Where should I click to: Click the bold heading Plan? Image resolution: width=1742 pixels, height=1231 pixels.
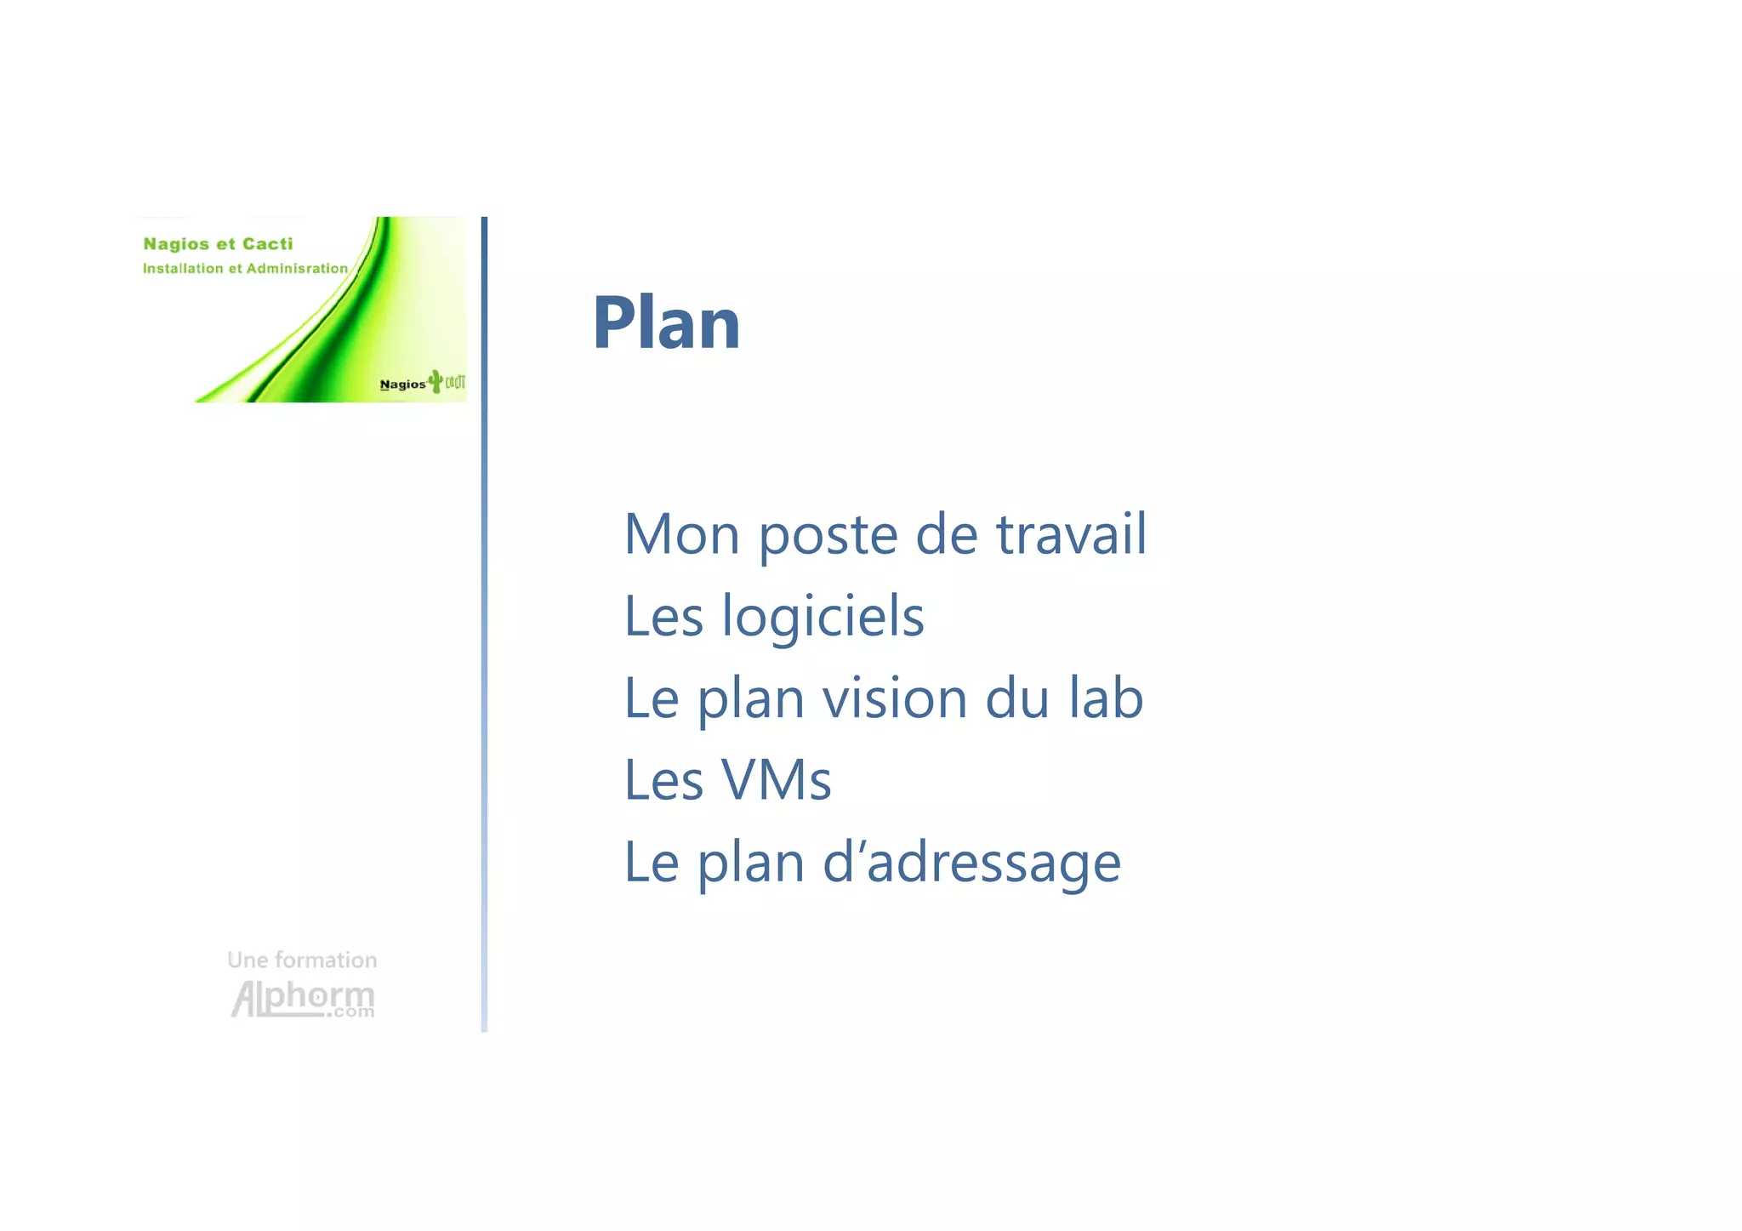(666, 323)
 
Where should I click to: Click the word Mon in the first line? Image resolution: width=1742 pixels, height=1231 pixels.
(681, 535)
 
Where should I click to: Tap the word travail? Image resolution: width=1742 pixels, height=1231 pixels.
(1071, 535)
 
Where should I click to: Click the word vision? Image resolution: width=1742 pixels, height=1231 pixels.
(894, 699)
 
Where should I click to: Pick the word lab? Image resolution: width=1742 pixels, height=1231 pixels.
(1105, 698)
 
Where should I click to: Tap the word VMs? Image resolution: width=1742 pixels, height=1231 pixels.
(775, 780)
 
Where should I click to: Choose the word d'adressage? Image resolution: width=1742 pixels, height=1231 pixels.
(971, 863)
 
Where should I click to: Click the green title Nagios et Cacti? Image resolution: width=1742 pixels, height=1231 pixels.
(218, 244)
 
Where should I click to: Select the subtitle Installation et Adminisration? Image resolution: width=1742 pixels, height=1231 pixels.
(245, 269)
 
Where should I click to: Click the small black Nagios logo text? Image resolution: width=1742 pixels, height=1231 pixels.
(402, 385)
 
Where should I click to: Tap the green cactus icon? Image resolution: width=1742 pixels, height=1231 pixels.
(436, 380)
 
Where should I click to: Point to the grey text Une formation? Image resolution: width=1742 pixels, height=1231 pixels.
(302, 960)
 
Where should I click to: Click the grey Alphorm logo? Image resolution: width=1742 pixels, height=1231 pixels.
(303, 998)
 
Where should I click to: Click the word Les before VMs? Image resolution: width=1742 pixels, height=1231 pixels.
(663, 780)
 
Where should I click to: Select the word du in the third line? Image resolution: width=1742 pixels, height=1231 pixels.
(1016, 699)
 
